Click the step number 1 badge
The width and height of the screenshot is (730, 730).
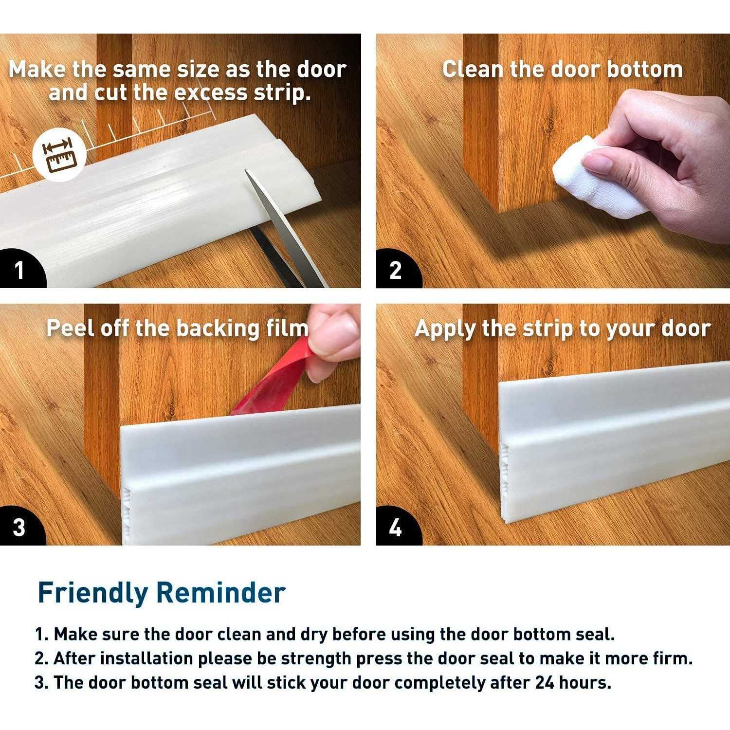[x=19, y=270]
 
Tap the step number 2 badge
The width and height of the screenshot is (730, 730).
[x=395, y=270]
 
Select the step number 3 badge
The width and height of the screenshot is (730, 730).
[x=19, y=528]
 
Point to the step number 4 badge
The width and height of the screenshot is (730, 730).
[x=395, y=528]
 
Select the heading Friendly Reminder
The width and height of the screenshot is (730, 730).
[x=161, y=593]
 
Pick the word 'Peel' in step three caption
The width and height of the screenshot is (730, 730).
[x=70, y=328]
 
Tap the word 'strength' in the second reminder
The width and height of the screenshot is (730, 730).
[x=315, y=658]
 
